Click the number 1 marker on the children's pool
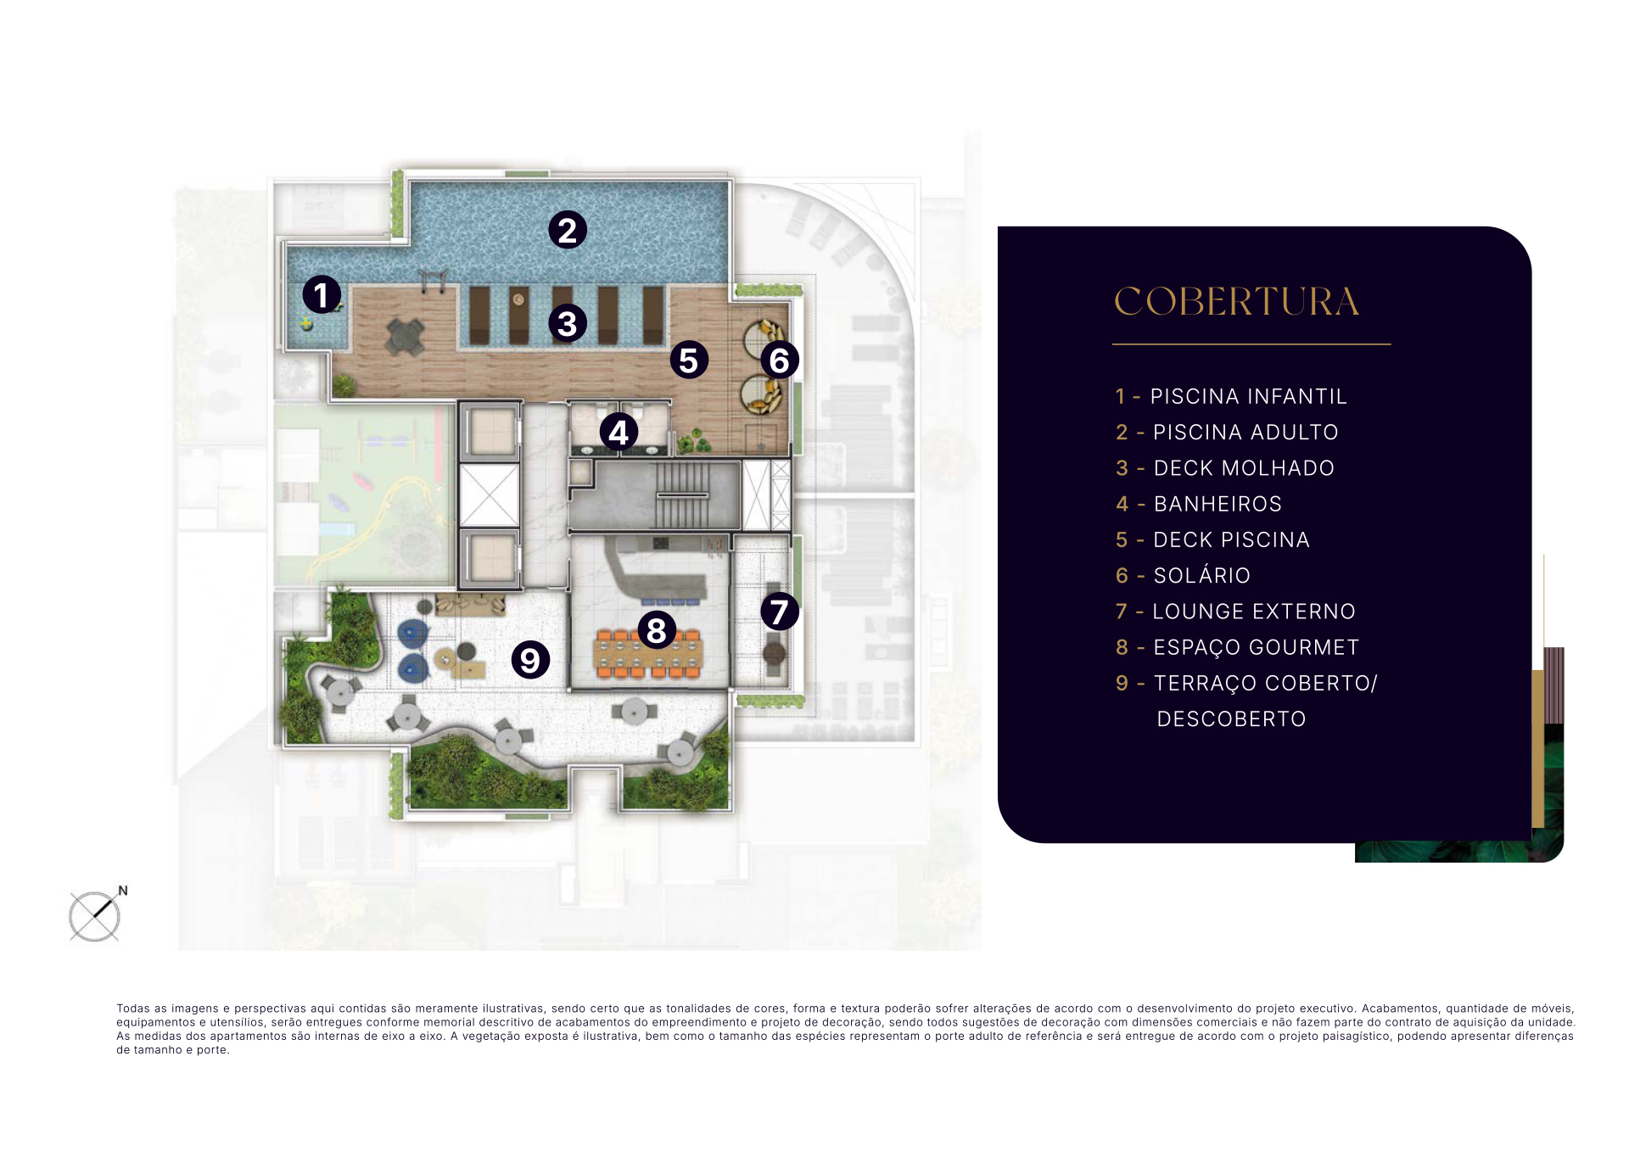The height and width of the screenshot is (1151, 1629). tap(322, 295)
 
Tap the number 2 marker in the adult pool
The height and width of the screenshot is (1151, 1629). tap(568, 230)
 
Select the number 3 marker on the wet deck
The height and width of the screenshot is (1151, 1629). tap(568, 323)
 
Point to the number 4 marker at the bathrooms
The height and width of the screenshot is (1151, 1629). tap(619, 433)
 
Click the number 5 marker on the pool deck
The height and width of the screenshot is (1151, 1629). tap(689, 360)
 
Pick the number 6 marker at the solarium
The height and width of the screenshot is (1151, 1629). tap(780, 360)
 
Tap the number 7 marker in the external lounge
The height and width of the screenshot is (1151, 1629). tap(780, 612)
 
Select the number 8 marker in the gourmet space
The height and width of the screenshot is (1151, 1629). tap(657, 630)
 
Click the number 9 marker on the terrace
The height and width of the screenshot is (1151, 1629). tap(530, 660)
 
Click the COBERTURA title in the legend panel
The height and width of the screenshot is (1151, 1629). tap(1236, 302)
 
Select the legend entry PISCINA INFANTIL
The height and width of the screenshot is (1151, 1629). tap(1248, 396)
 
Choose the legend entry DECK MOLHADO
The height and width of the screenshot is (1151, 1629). tap(1244, 468)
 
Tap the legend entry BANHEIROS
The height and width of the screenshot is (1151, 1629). tap(1218, 504)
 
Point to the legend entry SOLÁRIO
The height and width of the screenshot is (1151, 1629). tap(1201, 575)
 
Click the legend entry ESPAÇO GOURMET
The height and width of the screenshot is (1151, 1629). tap(1256, 648)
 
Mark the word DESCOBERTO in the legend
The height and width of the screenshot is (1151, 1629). tap(1231, 719)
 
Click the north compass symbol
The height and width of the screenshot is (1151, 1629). tap(96, 914)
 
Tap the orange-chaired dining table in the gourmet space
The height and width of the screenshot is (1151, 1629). tap(649, 655)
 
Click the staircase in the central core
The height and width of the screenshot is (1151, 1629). tap(681, 494)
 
